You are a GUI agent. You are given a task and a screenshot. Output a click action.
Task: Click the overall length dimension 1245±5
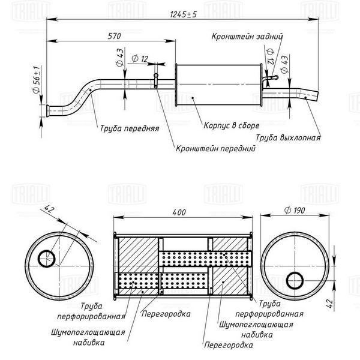coord(184,14)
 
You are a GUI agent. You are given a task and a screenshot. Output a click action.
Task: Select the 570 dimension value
coord(114,36)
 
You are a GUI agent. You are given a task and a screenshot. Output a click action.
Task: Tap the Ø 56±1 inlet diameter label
coord(37,80)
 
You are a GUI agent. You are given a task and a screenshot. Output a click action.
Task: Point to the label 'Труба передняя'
coord(130,128)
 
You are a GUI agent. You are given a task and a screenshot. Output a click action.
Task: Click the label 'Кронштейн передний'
coord(215,148)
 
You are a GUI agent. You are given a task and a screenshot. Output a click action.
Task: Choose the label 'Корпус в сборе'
coord(232,125)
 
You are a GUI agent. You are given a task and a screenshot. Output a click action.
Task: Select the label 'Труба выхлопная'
coord(288,137)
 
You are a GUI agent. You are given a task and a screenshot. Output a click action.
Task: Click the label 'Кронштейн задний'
coord(247,36)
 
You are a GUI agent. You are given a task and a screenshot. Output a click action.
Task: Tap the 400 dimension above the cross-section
coord(179,212)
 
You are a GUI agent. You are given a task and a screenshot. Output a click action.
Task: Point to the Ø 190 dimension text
coord(295,210)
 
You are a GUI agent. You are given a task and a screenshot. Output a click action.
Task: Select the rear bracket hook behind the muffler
coord(270,79)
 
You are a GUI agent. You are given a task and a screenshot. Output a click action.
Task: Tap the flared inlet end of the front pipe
coord(48,110)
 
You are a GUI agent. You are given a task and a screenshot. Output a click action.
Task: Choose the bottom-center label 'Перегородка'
coord(229,345)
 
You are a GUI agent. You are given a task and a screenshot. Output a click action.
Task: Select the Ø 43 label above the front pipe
coord(120,58)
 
